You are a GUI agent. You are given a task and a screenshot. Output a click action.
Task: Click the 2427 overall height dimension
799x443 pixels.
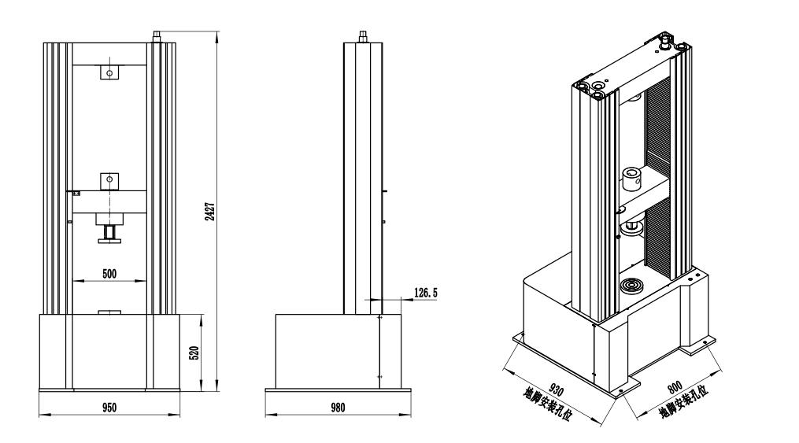210,212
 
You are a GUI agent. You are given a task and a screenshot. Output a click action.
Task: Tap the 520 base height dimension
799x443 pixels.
194,353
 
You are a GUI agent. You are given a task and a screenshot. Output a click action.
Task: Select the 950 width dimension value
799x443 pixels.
109,408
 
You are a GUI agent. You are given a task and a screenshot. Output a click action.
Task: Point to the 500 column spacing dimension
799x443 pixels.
109,274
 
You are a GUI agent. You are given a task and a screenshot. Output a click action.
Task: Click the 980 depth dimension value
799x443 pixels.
338,408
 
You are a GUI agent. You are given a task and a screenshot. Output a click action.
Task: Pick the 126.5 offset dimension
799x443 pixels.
426,293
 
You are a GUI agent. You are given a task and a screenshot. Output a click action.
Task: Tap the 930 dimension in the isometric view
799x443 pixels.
556,389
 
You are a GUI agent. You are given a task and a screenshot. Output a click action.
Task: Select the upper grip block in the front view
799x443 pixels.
109,72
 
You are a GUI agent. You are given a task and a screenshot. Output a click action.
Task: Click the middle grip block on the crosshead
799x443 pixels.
109,180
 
